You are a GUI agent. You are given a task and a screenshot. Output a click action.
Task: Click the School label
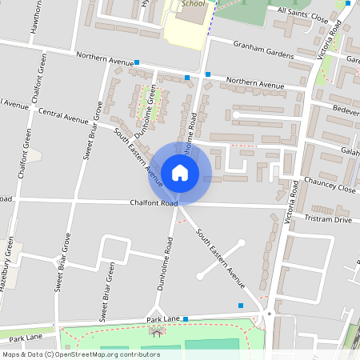[193, 3]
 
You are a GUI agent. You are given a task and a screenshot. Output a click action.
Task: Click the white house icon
[180, 172]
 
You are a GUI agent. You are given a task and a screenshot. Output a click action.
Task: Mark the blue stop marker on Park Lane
[186, 319]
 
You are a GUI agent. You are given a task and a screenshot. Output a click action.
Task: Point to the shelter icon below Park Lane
[154, 331]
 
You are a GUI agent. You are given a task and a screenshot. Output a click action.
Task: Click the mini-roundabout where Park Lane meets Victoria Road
[270, 314]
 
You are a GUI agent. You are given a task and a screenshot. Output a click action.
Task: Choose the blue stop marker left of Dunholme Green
[137, 62]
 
